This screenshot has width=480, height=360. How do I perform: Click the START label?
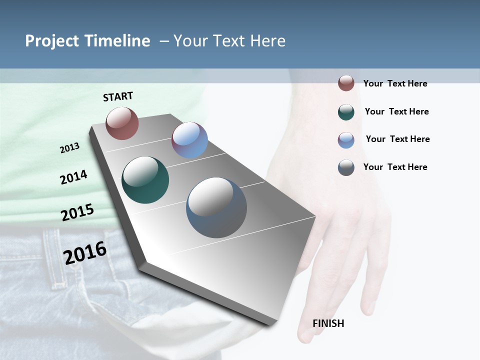tap(118, 96)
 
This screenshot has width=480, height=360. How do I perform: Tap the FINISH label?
tap(328, 323)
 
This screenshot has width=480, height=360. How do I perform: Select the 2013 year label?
tap(69, 148)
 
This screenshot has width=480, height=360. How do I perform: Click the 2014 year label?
tap(73, 177)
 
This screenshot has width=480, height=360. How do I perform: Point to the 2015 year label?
tap(77, 212)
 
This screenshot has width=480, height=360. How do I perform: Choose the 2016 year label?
tap(85, 252)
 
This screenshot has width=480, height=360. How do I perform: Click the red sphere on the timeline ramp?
tap(122, 123)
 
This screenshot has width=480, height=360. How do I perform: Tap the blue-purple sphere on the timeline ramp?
tap(189, 140)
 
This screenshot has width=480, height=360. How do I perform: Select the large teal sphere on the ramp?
tap(145, 180)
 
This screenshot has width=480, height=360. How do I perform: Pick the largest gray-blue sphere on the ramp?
tap(216, 207)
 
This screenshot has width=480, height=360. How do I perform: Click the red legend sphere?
tap(346, 83)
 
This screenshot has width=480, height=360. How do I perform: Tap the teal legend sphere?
tap(346, 112)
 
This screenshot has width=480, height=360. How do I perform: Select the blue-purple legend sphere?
tap(346, 140)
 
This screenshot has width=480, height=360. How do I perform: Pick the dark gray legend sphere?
tap(346, 167)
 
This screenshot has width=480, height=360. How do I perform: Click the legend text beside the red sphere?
tap(395, 83)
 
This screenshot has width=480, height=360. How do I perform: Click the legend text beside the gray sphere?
tap(395, 167)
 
